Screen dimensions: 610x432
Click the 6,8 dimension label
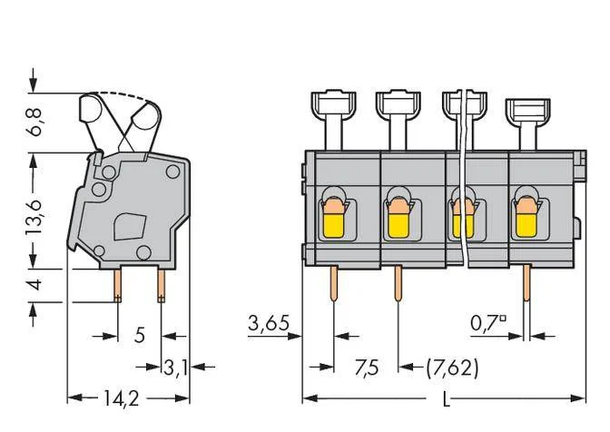point(35,123)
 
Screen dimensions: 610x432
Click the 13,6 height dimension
point(34,217)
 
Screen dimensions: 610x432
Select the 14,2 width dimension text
point(121,398)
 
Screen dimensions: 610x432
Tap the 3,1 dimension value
point(175,368)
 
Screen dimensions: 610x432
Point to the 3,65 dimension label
point(269,323)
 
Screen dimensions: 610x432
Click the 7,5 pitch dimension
point(367,368)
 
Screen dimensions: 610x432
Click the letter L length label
point(447,399)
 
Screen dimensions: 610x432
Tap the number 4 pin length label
point(35,284)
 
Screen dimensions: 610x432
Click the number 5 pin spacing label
point(140,335)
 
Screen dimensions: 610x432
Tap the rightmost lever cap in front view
point(527,110)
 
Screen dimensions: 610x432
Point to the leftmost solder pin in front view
point(334,284)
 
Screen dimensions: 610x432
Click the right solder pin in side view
point(161,285)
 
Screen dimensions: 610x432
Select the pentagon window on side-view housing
point(130,226)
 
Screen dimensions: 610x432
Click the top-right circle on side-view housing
point(172,172)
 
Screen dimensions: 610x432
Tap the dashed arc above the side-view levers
point(124,96)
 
